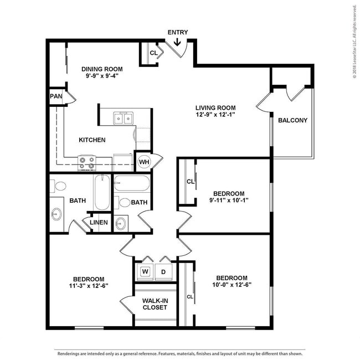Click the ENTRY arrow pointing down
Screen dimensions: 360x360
coord(177,42)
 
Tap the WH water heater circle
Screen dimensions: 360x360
coord(144,162)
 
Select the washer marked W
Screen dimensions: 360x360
coord(145,271)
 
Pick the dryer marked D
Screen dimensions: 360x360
coord(163,272)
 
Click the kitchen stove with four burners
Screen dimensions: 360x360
coord(87,163)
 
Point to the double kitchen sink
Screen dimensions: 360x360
coord(124,118)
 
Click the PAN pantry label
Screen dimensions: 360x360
coord(56,96)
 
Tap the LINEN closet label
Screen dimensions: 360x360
coord(99,222)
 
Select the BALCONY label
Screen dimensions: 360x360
coord(292,120)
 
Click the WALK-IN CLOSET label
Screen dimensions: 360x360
coord(155,304)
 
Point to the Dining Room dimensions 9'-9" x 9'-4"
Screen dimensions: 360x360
coord(102,76)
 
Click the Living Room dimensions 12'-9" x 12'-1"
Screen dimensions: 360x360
coord(215,114)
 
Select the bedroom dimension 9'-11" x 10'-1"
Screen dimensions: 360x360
coord(229,200)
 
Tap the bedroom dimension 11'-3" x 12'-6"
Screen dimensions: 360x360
coord(89,286)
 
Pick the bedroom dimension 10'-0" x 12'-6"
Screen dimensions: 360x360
coord(232,285)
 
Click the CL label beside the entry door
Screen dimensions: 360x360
coord(153,53)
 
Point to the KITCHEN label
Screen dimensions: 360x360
coord(92,140)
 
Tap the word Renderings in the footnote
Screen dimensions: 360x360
coord(67,354)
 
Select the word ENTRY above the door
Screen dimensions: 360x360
coord(178,32)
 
